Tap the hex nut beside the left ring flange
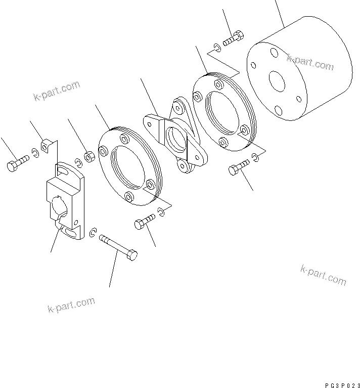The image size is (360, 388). [88, 157]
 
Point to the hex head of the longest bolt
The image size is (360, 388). [131, 255]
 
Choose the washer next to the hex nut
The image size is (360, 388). [78, 162]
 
